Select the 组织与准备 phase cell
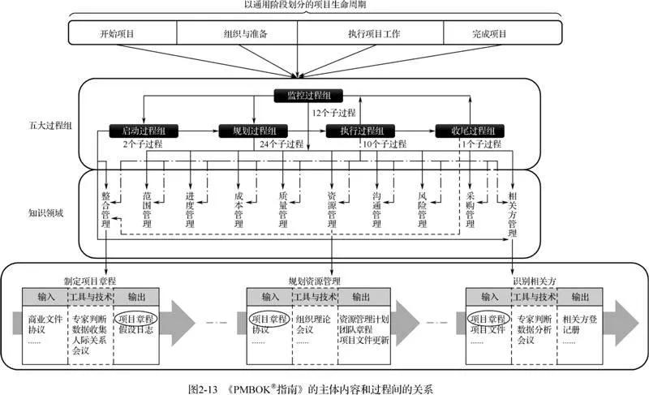click(x=239, y=34)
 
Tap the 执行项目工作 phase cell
click(x=369, y=34)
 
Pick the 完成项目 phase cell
click(x=489, y=34)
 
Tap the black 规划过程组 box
click(x=252, y=131)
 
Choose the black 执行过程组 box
click(x=359, y=131)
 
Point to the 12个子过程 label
click(x=335, y=113)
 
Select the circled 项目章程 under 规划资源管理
click(x=269, y=318)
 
